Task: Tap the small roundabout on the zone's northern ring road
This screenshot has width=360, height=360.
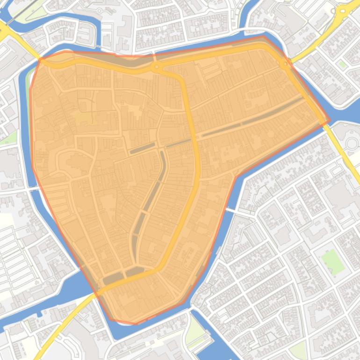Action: click(x=156, y=68)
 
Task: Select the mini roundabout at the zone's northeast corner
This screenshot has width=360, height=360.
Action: click(x=284, y=63)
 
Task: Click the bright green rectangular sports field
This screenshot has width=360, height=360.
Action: click(x=333, y=261)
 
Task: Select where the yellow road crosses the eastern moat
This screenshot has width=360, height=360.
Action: click(x=329, y=122)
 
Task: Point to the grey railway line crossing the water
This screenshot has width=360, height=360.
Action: click(x=19, y=13)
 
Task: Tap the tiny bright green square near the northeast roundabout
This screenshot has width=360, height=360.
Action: click(x=343, y=64)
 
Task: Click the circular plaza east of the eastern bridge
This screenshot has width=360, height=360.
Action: click(x=352, y=143)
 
